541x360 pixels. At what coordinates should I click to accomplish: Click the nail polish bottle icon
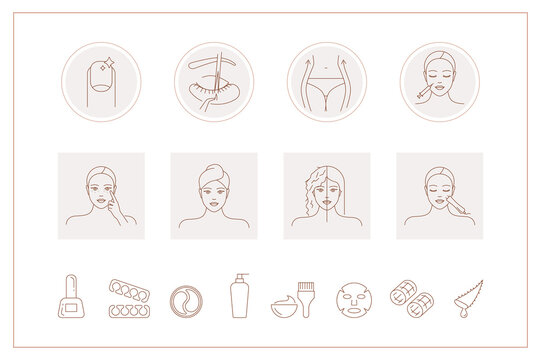point(72,300)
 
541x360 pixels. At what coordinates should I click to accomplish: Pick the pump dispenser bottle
point(239,298)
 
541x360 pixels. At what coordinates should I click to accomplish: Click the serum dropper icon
point(468,298)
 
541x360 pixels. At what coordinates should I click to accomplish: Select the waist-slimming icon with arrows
point(327,82)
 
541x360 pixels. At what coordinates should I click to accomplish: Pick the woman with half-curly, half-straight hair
point(327,195)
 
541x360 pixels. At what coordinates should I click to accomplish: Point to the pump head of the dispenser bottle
point(238,279)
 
